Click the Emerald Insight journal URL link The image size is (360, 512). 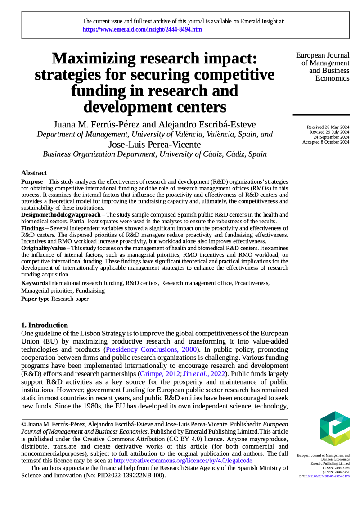click(x=142, y=30)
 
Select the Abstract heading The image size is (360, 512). click(x=34, y=173)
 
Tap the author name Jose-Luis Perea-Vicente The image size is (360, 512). click(x=154, y=145)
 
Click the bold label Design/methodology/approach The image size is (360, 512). click(x=61, y=215)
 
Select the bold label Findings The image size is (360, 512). click(x=32, y=228)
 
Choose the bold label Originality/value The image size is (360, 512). click(x=43, y=248)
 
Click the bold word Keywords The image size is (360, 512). click(x=35, y=283)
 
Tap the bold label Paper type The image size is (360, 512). click(x=36, y=299)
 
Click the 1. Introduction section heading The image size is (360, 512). click(x=45, y=325)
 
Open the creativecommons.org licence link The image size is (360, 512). click(x=183, y=461)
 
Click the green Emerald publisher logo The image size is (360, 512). click(x=334, y=428)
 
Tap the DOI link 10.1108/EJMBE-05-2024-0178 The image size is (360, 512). click(x=328, y=476)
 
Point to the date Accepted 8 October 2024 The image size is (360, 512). click(x=326, y=142)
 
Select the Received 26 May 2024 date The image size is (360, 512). click(x=328, y=127)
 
